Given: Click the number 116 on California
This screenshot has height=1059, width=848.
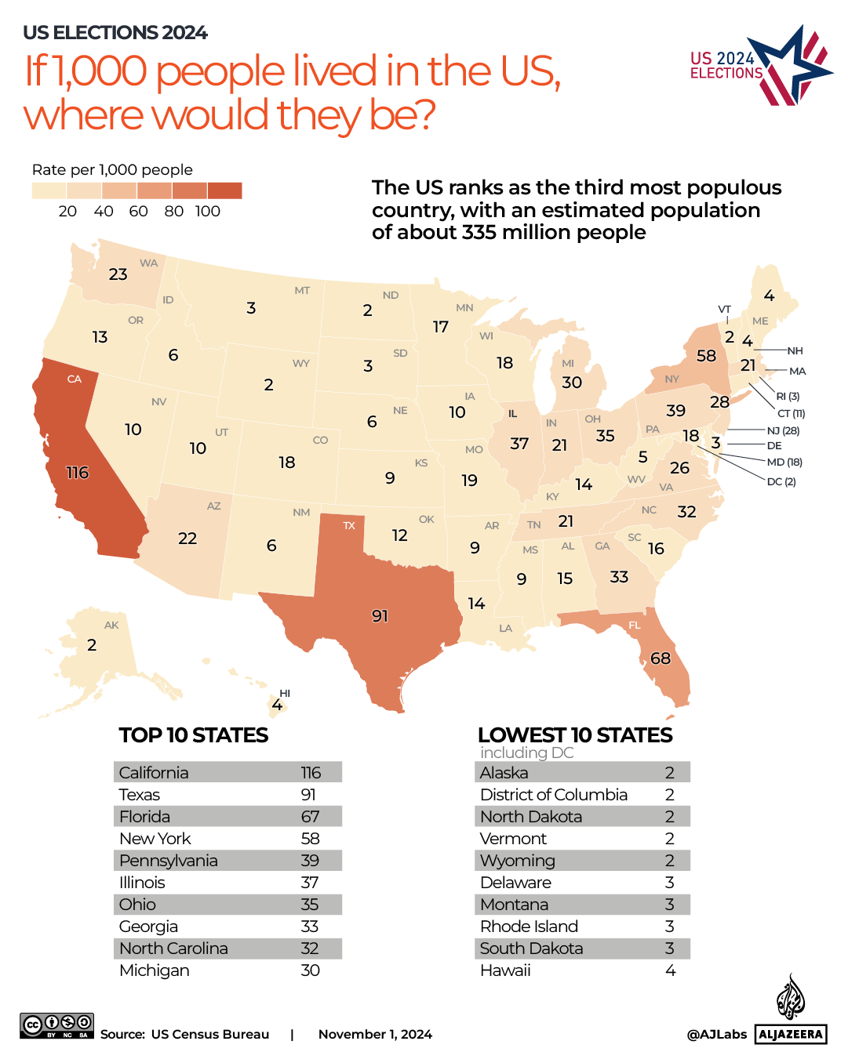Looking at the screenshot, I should coord(77,473).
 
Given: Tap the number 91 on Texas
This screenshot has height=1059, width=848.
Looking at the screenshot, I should coord(380,616).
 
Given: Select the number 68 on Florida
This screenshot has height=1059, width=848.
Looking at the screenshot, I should coord(661,658).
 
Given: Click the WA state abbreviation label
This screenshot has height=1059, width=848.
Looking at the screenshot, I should coord(148,263).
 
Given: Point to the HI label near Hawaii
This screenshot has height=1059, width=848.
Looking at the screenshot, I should coord(285,693).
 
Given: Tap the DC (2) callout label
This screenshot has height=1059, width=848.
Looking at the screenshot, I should coord(781,481).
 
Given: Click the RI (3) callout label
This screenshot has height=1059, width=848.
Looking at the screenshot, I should coord(788,396).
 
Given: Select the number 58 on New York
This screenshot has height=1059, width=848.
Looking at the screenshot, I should coord(706,356).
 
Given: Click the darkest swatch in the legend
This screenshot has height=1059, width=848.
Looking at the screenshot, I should coord(225,190).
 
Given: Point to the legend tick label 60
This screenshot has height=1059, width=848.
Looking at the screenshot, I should coord(138,212).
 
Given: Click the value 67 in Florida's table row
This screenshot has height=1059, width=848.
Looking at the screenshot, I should coord(310,817).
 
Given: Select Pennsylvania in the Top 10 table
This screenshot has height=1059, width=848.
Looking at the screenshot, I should coord(169,861).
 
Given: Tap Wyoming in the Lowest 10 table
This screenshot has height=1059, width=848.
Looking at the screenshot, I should coord(518,861).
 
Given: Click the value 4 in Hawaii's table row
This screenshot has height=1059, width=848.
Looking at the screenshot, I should coord(670,970).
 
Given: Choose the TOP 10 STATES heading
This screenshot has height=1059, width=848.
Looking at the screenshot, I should coord(194,735).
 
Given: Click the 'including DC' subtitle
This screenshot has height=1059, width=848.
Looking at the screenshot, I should coord(527,753).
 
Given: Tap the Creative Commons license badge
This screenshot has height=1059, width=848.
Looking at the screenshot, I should coord(57,1025).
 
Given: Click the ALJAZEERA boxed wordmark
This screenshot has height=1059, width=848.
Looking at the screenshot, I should coord(791,1034).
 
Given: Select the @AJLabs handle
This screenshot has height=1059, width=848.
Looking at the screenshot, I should coord(716,1034).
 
